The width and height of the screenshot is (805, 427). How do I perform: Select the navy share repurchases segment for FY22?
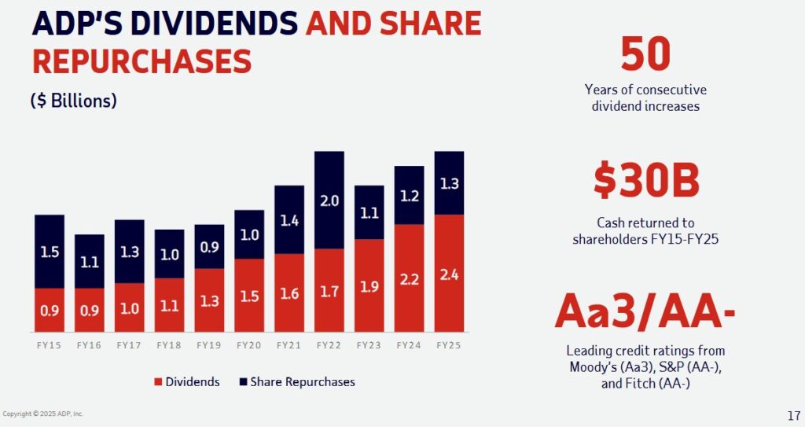329,200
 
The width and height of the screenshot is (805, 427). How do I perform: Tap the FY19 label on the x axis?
208,345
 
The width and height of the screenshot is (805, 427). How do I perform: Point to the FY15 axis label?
49,345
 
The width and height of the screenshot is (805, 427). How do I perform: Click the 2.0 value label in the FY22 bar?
329,201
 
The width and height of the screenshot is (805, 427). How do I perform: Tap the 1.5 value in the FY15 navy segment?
49,252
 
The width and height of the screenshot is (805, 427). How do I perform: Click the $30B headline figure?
645,181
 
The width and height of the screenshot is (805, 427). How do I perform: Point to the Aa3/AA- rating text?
645,312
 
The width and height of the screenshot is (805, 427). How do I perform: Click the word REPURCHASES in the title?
142,61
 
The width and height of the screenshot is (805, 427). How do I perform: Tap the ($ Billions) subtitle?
74,101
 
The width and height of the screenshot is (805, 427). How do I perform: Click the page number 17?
792,415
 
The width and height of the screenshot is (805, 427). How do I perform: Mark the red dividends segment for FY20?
248,295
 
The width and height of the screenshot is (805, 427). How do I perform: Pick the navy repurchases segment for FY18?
169,253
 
